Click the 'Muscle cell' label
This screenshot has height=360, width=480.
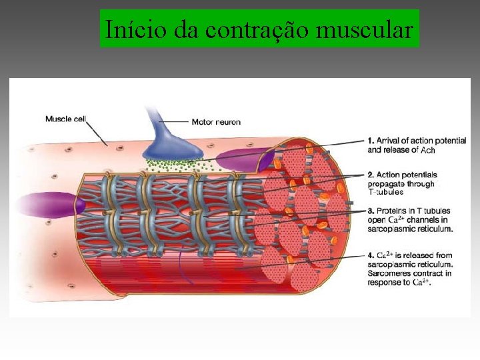[x=65, y=119]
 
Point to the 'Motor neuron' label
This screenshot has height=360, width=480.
[x=216, y=122]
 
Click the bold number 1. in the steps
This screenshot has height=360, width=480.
[x=371, y=141]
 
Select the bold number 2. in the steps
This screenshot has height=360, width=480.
[x=371, y=175]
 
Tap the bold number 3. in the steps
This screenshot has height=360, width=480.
[x=371, y=211]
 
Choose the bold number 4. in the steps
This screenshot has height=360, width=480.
[x=371, y=255]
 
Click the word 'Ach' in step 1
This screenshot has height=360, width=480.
[x=428, y=151]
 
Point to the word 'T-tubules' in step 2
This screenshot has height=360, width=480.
[x=386, y=192]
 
